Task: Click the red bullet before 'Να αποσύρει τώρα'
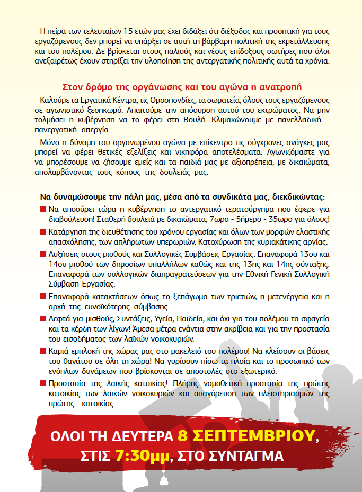coord(42,209)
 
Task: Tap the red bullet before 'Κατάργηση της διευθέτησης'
coord(42,232)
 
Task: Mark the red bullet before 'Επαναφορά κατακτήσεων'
coord(42,297)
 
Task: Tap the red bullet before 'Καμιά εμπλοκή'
coord(42,351)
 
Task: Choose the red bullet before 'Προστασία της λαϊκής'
coord(42,383)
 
